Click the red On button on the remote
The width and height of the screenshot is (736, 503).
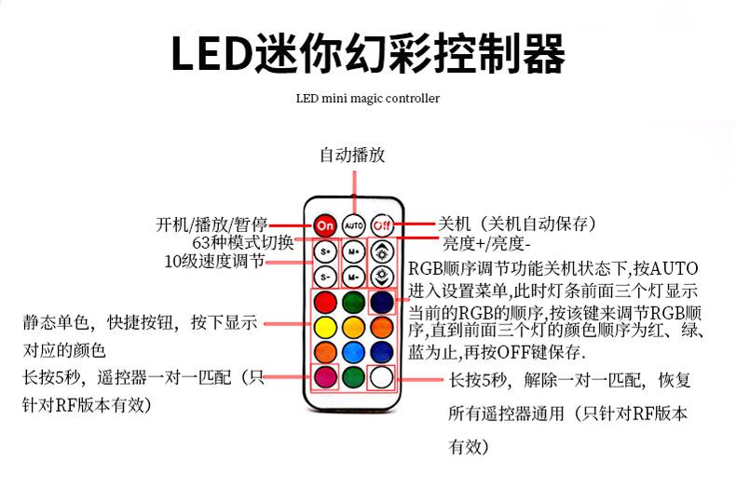point(325,224)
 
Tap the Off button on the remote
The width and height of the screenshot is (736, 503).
point(381,224)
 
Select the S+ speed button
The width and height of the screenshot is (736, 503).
point(325,251)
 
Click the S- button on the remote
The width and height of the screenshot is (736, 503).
point(325,277)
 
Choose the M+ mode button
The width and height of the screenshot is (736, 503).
point(353,251)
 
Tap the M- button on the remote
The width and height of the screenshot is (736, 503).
point(353,277)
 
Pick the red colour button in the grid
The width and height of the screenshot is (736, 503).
point(325,303)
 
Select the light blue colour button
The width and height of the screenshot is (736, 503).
point(353,352)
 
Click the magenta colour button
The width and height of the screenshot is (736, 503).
point(325,377)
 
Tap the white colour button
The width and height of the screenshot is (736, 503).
point(381,377)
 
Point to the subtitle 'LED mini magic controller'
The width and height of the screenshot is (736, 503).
point(367,98)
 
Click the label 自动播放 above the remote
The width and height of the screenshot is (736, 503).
point(352,155)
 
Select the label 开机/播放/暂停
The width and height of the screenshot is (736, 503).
point(211,224)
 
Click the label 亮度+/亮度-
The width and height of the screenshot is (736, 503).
point(485,244)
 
